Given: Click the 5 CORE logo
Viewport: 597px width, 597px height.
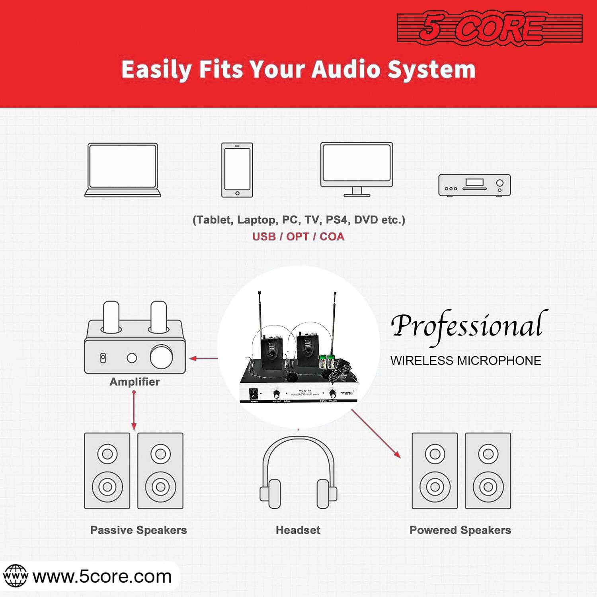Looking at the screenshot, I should coord(490,28).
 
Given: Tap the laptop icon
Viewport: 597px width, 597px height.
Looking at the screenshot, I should coord(123,170).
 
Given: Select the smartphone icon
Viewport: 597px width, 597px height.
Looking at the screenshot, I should coord(237,170).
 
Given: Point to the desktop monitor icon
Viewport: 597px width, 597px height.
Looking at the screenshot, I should coord(357,169).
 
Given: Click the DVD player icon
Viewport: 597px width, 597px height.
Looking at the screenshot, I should coord(474,185).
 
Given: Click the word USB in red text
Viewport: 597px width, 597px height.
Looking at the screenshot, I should coord(264,236).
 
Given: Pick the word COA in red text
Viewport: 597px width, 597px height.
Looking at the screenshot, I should coord(332,236).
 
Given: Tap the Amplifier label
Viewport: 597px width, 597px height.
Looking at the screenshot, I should coord(135,382).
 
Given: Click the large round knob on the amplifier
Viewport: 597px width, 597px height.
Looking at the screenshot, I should coord(161,357).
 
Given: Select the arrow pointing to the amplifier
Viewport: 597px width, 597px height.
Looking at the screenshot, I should coord(203,359).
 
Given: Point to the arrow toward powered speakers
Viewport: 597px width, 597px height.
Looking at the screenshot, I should coord(376,434).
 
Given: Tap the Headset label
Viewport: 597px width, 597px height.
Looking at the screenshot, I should coord(298,530).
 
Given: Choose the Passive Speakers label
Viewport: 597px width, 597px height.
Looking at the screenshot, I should coord(139,530).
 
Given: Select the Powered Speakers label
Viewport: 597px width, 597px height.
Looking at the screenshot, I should coord(460,530).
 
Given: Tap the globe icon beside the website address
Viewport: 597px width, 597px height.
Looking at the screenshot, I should coord(15,576).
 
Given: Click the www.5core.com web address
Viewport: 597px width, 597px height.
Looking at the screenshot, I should coord(102,577).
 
